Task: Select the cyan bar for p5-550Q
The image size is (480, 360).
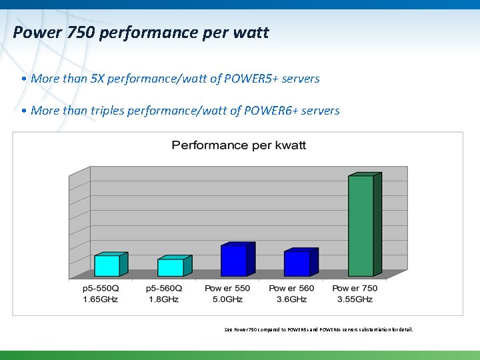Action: pos(107,265)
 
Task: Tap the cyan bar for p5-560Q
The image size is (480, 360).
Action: pos(170,267)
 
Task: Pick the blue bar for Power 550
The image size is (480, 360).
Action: pos(233,261)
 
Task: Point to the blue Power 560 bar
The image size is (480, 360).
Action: pos(297,263)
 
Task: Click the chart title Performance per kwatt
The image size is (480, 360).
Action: pos(239,145)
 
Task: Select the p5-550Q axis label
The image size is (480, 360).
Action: pos(100,289)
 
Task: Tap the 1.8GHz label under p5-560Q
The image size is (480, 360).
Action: pos(164,299)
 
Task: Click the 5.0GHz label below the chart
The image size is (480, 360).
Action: pos(227,299)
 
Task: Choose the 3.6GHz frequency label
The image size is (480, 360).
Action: pos(291,299)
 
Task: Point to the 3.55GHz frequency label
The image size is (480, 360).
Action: pos(355,299)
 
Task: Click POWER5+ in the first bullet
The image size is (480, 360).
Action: pos(253,79)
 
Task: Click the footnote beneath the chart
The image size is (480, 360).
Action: pos(319,329)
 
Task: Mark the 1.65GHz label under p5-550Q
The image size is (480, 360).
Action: pos(100,299)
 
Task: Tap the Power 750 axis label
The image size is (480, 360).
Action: pos(355,289)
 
